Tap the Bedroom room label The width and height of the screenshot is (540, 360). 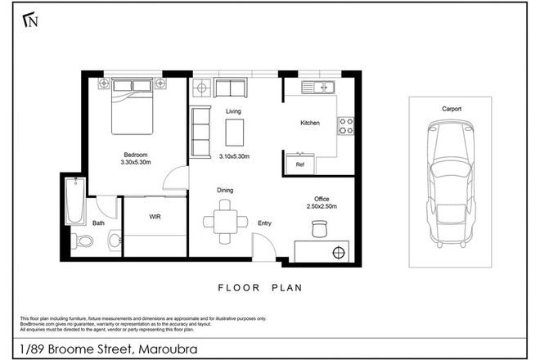click(x=136, y=154)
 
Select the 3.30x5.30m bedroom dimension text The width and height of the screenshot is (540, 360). click(x=136, y=164)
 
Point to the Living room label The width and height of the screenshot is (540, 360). click(x=232, y=111)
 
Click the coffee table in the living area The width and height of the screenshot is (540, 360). click(x=235, y=131)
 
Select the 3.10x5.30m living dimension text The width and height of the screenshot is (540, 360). click(x=235, y=156)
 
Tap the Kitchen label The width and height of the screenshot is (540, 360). click(x=310, y=123)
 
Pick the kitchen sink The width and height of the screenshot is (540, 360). click(x=320, y=85)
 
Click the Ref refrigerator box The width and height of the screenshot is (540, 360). click(x=299, y=164)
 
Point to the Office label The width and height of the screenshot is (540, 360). click(x=322, y=198)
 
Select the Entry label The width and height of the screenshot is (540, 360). click(x=265, y=223)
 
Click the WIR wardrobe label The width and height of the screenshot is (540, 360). click(x=155, y=217)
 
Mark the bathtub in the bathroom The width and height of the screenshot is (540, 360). click(x=75, y=204)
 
